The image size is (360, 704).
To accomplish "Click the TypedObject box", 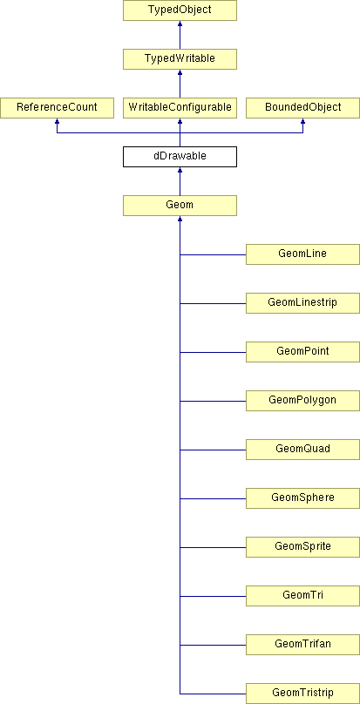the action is coord(180,10).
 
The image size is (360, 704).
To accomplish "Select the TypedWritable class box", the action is coord(180,59).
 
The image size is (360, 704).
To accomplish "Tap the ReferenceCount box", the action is coord(57,108).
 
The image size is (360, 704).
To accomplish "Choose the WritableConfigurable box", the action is coord(180,108).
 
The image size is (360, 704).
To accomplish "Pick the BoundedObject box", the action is coord(303,108).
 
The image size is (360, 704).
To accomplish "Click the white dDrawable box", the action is coord(180,157).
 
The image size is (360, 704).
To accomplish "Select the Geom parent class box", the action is coord(180,206).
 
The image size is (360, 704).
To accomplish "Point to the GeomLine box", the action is coord(303,254).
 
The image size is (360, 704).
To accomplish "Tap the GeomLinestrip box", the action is coord(303,303).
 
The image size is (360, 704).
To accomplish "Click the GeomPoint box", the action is coord(303,352).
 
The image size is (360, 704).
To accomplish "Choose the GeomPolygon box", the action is coord(303,401).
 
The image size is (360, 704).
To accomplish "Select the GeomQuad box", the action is coord(303,450).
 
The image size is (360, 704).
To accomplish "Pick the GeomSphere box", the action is coord(303,498).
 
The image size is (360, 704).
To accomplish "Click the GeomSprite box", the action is coord(303,547).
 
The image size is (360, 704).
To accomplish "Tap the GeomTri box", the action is coord(303,596).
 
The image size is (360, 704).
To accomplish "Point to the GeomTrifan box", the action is coord(303,645).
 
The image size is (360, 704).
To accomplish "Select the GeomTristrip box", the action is coord(303,694).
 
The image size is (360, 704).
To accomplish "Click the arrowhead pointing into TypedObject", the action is coord(180,24).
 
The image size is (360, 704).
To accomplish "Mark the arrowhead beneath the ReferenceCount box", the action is coord(57,121).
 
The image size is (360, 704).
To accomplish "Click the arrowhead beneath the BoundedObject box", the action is coord(303,121).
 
